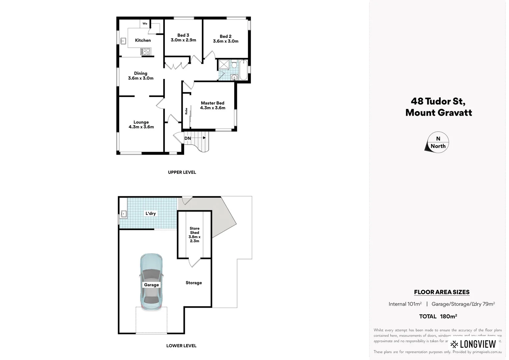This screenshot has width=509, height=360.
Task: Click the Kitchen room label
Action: point(143,40)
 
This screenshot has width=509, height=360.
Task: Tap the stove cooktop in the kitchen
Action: point(146,51)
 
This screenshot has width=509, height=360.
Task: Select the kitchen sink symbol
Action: point(123,41)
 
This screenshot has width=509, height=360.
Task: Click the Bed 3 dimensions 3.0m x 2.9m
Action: point(183,40)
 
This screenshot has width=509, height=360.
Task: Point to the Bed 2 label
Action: point(226,36)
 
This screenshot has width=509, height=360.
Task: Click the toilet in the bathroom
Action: point(234,64)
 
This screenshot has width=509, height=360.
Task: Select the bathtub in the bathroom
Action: point(243,70)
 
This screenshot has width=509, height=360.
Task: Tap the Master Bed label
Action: point(213,103)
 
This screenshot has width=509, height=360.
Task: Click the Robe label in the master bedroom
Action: point(186,111)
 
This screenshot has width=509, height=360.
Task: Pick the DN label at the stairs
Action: point(188,138)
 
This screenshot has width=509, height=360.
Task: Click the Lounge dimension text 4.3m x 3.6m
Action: point(141,127)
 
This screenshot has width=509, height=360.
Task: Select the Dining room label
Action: point(141,73)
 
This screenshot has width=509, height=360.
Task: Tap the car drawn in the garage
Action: point(151,282)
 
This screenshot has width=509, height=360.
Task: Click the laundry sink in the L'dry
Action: point(124,214)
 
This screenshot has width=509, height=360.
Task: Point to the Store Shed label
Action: point(195,231)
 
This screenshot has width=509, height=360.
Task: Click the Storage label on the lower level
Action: point(194,283)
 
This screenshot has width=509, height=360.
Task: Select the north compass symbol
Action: point(437,142)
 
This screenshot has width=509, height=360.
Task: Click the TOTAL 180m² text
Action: point(438,316)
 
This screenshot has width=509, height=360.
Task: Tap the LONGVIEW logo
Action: point(473,344)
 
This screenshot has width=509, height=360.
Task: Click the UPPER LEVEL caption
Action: point(182,172)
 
